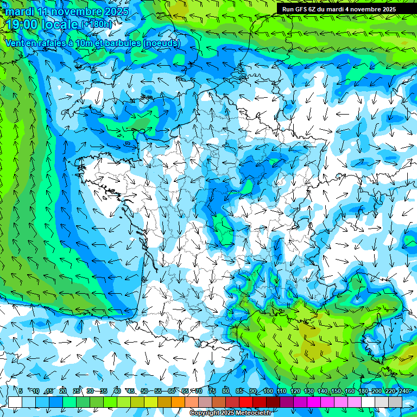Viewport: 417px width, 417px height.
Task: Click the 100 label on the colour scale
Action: [x=268, y=391]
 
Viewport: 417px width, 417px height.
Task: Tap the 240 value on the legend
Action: [x=404, y=391]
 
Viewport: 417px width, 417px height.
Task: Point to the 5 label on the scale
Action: [x=21, y=391]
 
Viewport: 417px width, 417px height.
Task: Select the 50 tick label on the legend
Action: [x=144, y=391]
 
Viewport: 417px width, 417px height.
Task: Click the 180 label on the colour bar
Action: [x=363, y=391]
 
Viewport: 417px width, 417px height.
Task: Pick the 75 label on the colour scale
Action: [x=212, y=391]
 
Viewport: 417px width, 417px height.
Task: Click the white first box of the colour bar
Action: [x=15, y=402]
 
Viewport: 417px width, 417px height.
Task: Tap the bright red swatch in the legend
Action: [x=246, y=402]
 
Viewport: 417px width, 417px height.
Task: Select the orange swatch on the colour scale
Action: [x=178, y=402]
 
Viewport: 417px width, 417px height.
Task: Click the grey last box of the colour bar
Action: [x=395, y=402]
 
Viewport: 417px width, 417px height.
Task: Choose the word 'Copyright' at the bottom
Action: [x=204, y=413]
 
